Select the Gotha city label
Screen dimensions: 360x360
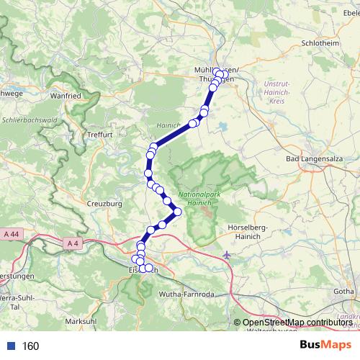click(x=343, y=291)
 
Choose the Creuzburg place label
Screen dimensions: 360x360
click(x=106, y=204)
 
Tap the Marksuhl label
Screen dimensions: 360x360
click(x=80, y=321)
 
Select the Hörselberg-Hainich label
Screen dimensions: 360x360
click(x=248, y=232)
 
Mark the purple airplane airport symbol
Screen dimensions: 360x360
click(x=228, y=254)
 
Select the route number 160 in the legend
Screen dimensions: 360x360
click(x=30, y=346)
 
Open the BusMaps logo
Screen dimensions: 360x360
click(x=325, y=346)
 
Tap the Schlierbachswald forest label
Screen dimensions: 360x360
click(x=30, y=120)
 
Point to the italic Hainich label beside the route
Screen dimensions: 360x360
click(x=166, y=125)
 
